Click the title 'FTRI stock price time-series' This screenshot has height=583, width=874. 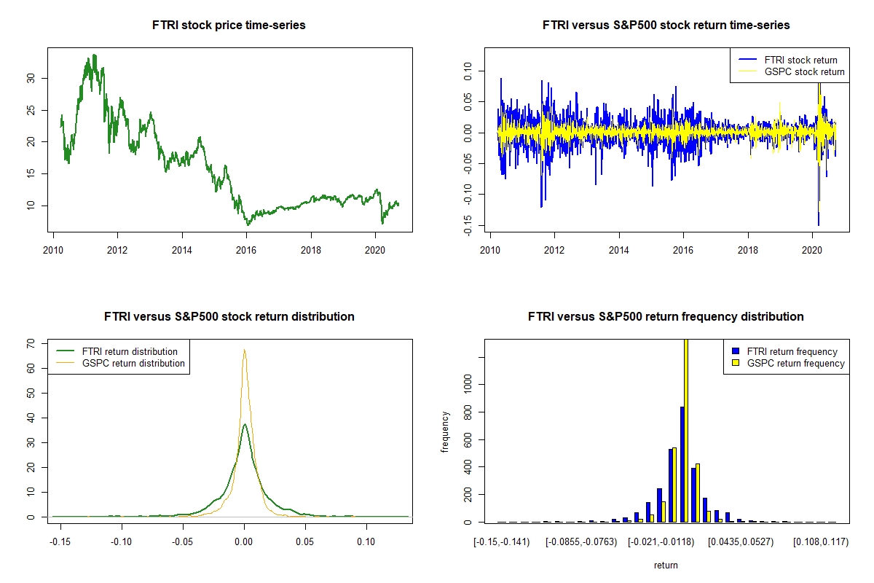point(229,26)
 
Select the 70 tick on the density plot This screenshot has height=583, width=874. point(30,343)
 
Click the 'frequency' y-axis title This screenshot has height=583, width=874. point(446,431)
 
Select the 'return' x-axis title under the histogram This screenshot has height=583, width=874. point(666,565)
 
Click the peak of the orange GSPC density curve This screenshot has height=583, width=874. point(244,351)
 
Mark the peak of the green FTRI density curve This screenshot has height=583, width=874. point(245,424)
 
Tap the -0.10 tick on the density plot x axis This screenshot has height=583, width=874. point(122,542)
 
